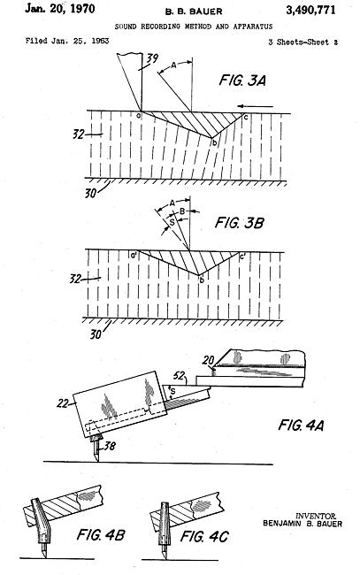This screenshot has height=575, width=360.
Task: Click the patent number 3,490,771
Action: coord(310,10)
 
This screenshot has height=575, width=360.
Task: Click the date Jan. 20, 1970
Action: coord(60,9)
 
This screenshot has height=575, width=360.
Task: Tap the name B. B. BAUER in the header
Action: coord(194,11)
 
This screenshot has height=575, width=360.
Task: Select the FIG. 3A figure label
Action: coord(242,80)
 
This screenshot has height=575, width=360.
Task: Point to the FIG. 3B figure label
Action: coord(239,223)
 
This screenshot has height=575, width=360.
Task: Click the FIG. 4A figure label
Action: coord(301,425)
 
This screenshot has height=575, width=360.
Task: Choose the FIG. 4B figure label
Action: coord(101,534)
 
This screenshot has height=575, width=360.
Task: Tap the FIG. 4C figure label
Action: coord(204,536)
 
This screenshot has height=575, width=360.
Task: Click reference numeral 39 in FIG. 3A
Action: coord(152,58)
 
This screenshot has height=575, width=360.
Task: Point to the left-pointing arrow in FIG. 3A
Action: coord(255,106)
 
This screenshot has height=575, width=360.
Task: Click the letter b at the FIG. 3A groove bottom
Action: coord(214,142)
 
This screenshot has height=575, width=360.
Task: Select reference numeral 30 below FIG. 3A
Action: coord(90,193)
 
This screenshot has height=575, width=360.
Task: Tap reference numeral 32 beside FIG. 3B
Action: coord(75,279)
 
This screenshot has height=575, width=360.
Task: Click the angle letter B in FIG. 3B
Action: coord(182,211)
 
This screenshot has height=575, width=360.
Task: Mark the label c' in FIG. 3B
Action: coord(242,257)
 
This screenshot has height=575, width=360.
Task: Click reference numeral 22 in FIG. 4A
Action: coord(63,403)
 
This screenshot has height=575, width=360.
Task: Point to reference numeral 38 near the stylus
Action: coord(110,446)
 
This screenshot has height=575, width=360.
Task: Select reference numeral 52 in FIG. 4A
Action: coord(179,375)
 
